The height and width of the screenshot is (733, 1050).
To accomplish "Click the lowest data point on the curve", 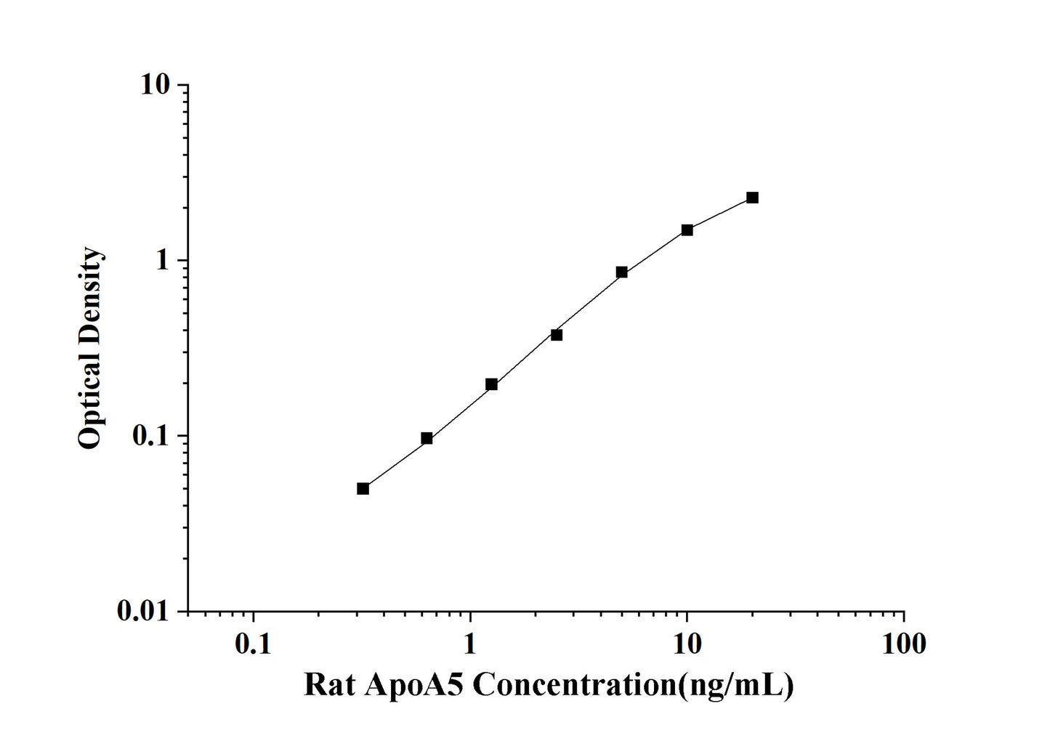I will tap(363, 488).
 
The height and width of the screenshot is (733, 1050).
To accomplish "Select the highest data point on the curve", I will tap(752, 198).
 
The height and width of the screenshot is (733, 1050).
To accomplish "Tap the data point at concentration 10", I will tap(687, 230).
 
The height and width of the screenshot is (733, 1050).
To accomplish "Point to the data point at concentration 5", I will tap(621, 272).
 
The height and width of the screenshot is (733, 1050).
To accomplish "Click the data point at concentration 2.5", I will tap(557, 335).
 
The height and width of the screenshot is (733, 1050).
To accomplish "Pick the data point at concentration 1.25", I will tap(491, 384).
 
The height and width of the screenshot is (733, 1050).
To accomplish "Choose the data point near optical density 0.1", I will tap(427, 438).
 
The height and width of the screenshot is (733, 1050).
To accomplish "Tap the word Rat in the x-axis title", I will tap(328, 684).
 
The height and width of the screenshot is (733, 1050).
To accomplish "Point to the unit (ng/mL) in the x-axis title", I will tap(735, 684).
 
